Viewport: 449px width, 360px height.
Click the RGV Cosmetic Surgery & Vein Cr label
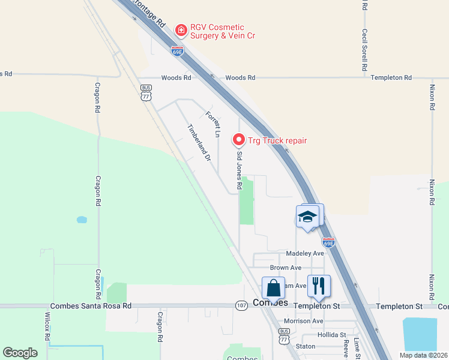222,32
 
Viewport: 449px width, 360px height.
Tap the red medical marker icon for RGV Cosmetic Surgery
179,29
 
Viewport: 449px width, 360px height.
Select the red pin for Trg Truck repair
239,140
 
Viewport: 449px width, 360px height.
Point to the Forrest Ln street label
212,124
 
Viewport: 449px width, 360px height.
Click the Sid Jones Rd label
239,170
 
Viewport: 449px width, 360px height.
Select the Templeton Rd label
391,78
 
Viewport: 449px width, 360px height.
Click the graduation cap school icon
307,217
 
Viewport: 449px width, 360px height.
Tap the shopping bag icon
273,287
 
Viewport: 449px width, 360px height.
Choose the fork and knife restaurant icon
319,286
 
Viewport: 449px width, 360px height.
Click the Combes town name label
271,302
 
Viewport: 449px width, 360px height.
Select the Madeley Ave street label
304,254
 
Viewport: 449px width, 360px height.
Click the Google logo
20,353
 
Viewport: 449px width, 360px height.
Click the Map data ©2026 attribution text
423,355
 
